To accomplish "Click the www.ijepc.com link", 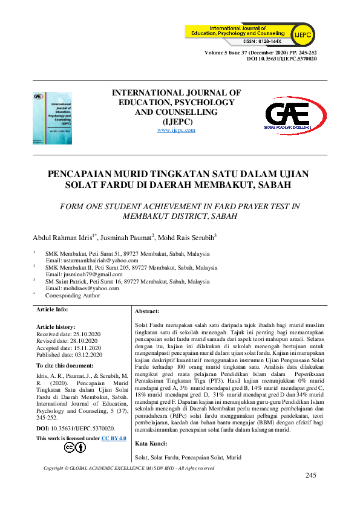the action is coord(176,130).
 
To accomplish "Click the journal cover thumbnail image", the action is coord(52,118).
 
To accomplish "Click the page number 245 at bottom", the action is coord(311,476).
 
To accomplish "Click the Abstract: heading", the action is coord(146,311).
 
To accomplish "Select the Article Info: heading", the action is coord(52,309).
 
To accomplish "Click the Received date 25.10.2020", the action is coord(68,334).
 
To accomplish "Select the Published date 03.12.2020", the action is coord(70,355).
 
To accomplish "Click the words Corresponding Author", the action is coord(73,296).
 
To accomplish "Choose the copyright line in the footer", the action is coord(129,468).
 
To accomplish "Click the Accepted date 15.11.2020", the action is coord(69,348).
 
